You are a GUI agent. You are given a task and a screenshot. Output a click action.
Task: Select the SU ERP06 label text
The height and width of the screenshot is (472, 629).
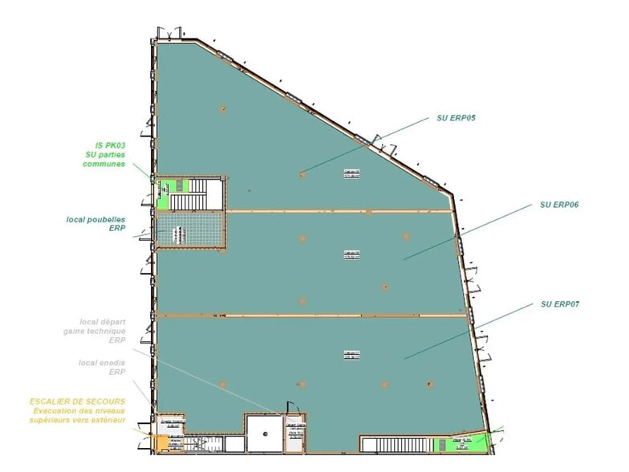point(560,205)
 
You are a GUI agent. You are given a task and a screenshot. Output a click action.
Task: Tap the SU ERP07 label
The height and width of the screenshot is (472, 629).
point(560,304)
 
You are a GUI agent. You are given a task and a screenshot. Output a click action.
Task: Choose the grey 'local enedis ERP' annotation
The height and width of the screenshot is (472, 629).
point(102,367)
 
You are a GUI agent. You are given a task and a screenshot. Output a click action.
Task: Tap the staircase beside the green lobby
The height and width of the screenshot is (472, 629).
point(211,193)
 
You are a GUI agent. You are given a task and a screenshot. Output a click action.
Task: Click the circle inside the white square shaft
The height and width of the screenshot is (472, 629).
point(265,433)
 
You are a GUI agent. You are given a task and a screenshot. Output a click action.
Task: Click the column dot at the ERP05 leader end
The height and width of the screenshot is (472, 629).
point(302,173)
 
